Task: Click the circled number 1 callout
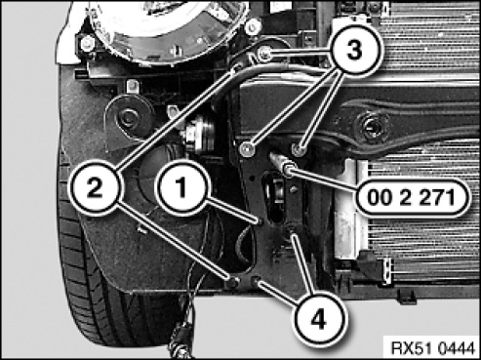(182, 186)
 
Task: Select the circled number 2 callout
(95, 188)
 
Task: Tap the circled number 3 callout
(354, 51)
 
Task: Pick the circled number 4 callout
(318, 320)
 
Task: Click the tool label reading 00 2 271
(411, 197)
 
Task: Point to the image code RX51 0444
(432, 348)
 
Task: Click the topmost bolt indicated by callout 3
(263, 53)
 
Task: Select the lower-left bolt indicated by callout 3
(246, 149)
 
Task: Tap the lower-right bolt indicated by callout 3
(299, 149)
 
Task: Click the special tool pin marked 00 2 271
(280, 163)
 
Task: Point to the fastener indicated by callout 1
(261, 221)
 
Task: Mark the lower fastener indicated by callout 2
(233, 282)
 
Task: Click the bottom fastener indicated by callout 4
(257, 280)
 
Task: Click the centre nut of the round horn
(128, 116)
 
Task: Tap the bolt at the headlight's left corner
(86, 43)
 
